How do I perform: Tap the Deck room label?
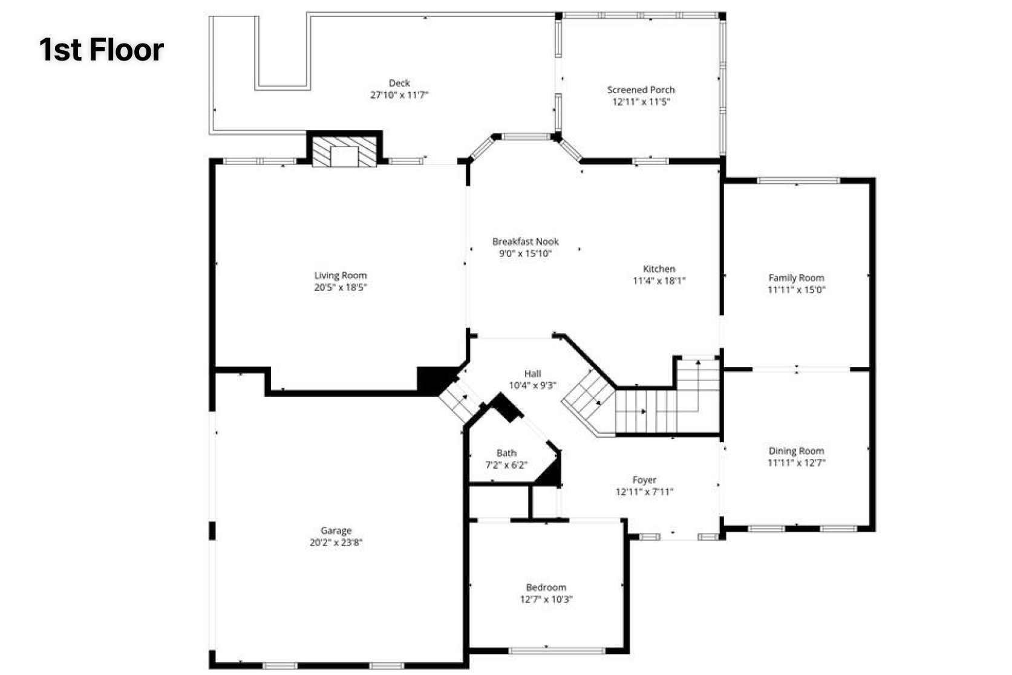399,83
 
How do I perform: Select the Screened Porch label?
641,90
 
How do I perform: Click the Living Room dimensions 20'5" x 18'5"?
341,287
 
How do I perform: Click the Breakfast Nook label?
526,242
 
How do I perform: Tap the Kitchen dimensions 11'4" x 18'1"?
659,281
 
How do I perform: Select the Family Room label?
796,278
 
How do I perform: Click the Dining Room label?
796,451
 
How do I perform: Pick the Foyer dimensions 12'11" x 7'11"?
644,492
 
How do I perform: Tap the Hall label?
533,374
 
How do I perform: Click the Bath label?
506,452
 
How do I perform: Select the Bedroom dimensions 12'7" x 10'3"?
546,599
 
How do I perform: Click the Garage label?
336,530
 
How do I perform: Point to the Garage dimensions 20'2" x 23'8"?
336,542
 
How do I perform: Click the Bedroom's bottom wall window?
557,651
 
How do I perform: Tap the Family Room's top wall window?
798,181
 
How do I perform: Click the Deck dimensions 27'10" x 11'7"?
399,95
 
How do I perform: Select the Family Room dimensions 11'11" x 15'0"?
796,290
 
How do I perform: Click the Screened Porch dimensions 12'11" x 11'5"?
641,102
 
